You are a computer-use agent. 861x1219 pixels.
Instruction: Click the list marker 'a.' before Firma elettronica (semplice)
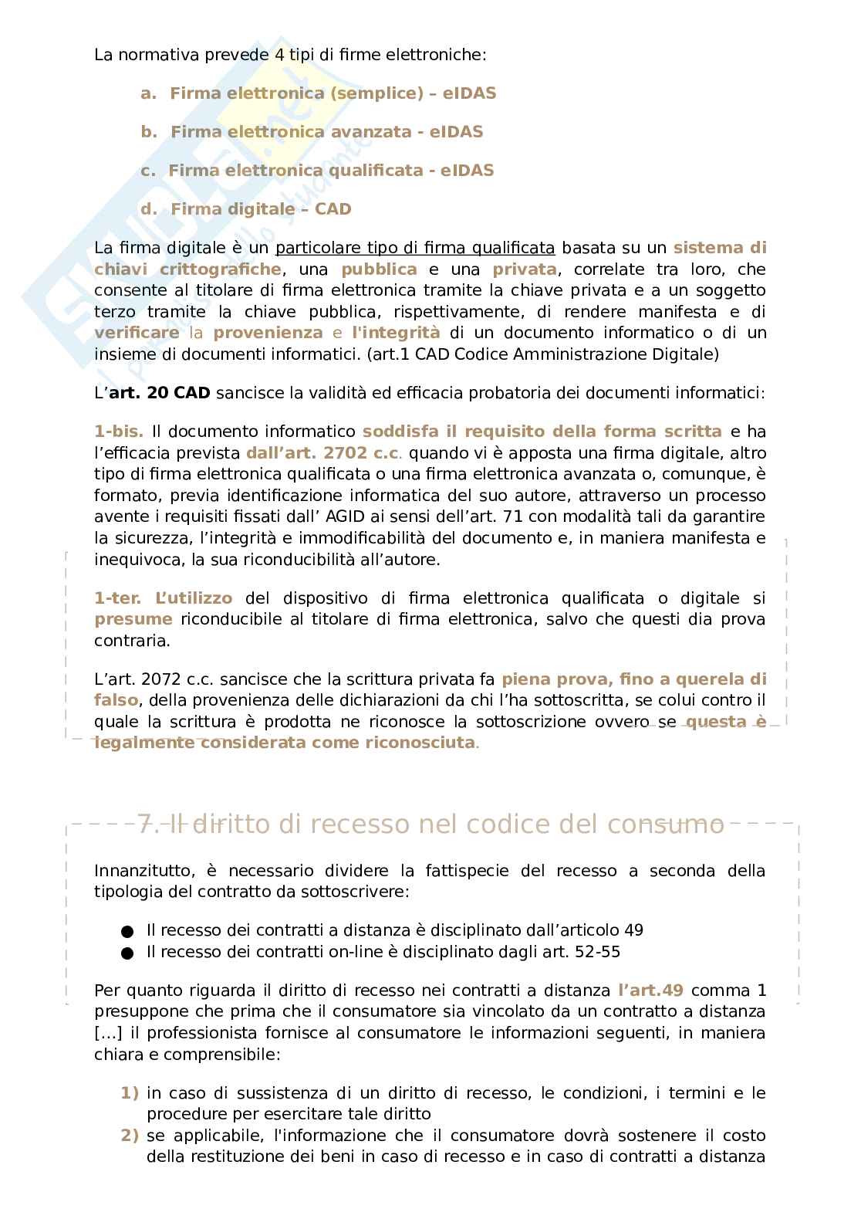point(148,93)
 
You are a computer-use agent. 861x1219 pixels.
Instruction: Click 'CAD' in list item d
point(333,209)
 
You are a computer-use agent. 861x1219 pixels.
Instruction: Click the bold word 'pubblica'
point(379,269)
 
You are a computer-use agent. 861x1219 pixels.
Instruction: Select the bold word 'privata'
point(525,269)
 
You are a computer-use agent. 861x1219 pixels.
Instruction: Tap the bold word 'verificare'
point(137,333)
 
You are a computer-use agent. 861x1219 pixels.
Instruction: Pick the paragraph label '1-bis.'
point(119,432)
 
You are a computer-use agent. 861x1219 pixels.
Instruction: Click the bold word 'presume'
point(133,619)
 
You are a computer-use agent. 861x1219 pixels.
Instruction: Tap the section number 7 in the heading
point(144,825)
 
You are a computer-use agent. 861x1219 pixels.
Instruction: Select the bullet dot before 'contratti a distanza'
point(127,932)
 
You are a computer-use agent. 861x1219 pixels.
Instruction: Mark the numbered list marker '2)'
point(130,1136)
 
